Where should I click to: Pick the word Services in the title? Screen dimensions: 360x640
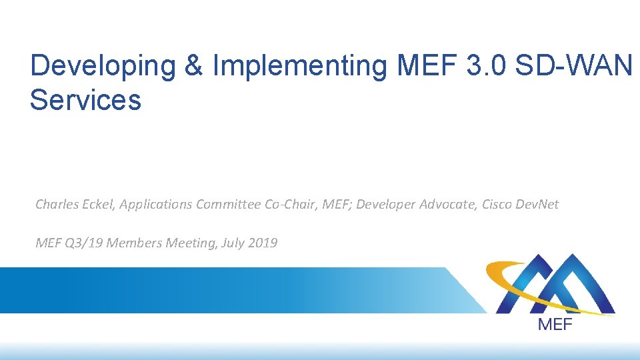85,99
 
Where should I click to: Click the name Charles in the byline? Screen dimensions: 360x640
55,205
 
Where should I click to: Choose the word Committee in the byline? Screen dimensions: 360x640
229,205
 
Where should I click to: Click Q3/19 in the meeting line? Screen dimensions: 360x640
84,243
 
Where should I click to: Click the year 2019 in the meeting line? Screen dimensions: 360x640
262,243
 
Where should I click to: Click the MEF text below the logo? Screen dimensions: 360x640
554,325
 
